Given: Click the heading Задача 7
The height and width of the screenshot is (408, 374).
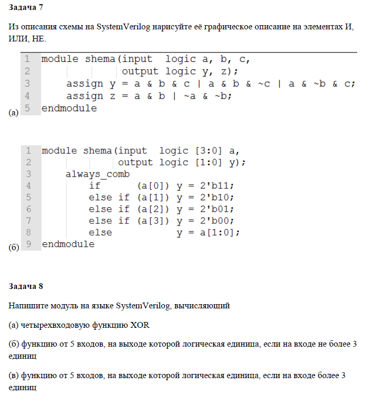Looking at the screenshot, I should [26, 9].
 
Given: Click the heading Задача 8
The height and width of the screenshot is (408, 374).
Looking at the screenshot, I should [26, 286].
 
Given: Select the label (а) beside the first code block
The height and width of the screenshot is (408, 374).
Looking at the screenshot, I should [14, 112].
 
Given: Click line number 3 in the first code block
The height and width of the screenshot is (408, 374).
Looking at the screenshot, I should [27, 83].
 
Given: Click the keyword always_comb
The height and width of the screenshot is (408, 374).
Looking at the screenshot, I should [97, 174].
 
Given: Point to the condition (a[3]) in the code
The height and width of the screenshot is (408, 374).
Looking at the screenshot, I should [153, 220].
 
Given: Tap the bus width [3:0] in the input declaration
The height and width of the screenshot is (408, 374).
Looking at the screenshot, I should [209, 151].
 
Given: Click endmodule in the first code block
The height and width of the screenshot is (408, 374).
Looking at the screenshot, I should [69, 109].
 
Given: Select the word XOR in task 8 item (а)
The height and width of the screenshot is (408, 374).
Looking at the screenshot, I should [141, 325].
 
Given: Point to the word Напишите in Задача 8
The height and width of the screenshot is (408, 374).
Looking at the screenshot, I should [26, 305].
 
